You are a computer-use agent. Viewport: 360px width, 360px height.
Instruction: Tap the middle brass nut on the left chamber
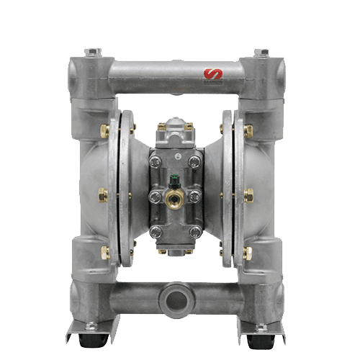tap(102, 193)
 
